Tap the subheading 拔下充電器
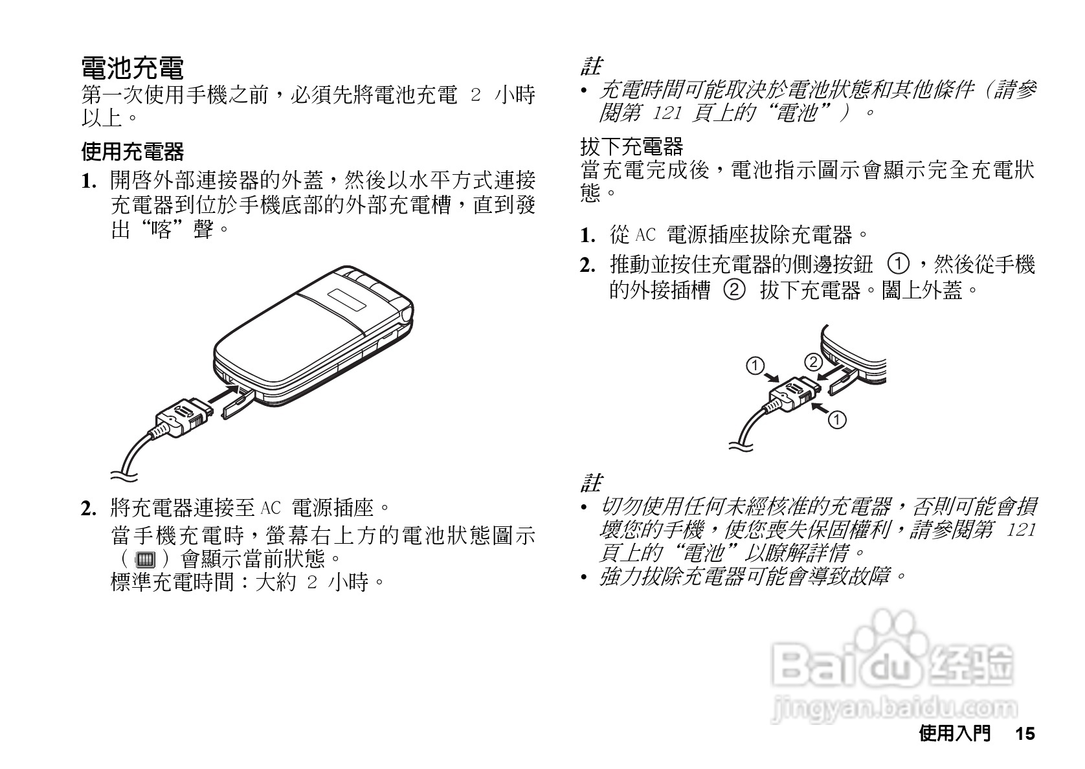631,146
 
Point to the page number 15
1025,733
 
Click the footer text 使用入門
954,733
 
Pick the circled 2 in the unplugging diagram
812,361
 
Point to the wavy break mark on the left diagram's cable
124,476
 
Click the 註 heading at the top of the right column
590,66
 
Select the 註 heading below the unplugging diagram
590,483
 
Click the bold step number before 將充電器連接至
89,509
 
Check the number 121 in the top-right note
667,114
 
